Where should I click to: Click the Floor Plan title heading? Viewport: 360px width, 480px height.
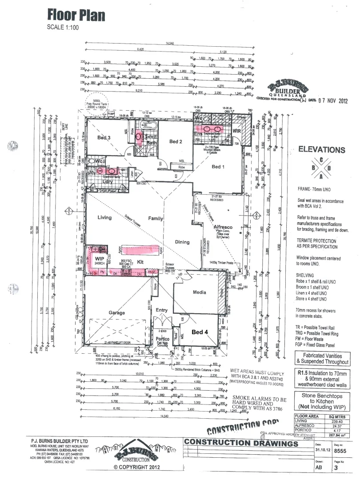pos(76,16)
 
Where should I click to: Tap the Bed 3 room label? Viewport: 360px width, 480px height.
pos(104,138)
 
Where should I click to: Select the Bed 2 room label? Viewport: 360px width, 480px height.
pos(176,141)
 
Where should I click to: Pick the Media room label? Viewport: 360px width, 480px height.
pos(199,293)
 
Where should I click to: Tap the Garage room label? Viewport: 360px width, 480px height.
pos(117,313)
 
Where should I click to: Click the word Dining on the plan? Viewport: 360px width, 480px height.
pos(182,242)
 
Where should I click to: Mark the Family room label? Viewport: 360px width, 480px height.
pos(156,218)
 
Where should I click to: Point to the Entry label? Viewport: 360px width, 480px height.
pos(162,310)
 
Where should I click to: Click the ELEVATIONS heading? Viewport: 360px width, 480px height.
pos(321,150)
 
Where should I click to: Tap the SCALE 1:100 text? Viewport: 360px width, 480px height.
pos(63,27)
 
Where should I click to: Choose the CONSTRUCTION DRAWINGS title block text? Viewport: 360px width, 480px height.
pos(240,443)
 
